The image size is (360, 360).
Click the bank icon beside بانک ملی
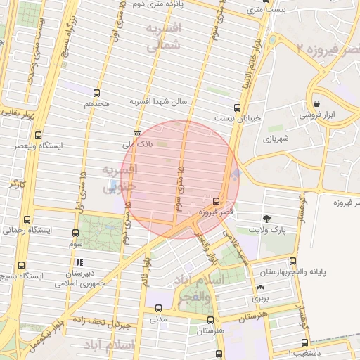(x=136, y=134)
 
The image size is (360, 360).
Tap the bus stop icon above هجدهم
(x=96, y=93)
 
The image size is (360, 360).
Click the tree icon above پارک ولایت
(x=266, y=218)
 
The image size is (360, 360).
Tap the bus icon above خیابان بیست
(x=237, y=108)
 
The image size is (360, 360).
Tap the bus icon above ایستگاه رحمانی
(x=27, y=219)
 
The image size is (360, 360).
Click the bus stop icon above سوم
(x=76, y=233)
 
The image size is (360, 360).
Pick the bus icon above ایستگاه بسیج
(x=21, y=266)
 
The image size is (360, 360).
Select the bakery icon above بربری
(x=261, y=287)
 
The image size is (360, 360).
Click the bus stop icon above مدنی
(x=158, y=308)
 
